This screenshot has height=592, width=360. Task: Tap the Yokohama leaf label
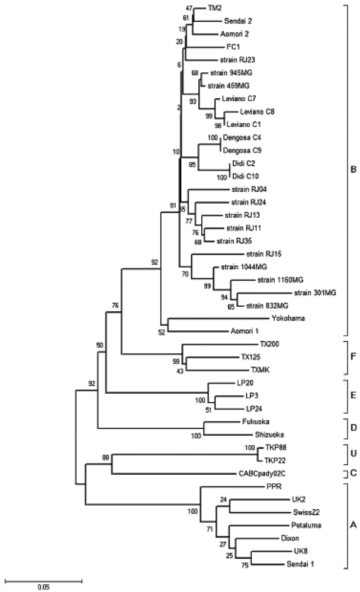tap(275, 317)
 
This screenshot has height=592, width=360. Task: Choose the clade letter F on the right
tap(353, 356)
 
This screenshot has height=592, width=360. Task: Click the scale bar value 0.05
tap(44, 587)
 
